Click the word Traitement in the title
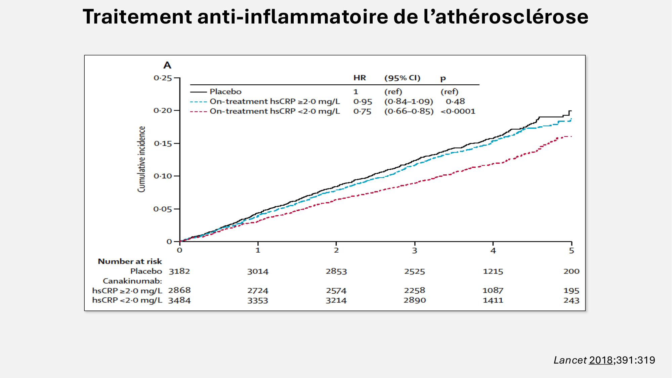pos(137,16)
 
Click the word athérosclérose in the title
pos(511,16)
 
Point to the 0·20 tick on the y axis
pos(163,111)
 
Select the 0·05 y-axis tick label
pos(163,209)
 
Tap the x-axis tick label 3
pos(415,251)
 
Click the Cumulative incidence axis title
pos(141,159)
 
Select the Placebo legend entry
pos(225,92)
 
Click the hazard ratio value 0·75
pos(362,112)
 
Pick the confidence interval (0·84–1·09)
pos(409,101)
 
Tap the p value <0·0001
pos(458,112)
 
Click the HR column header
pos(360,78)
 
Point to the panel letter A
pos(167,65)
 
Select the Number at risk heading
pos(130,261)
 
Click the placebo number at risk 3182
pos(179,271)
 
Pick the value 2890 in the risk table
pos(415,300)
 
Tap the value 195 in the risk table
pos(571,291)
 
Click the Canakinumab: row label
pos(132,281)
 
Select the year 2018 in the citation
pos(601,360)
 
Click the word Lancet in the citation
pos(570,360)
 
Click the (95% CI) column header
pos(402,78)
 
